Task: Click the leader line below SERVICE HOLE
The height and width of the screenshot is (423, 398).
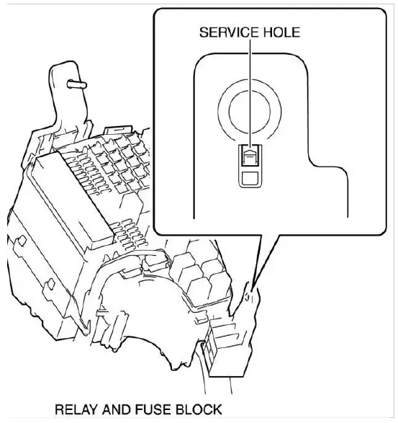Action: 249,79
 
